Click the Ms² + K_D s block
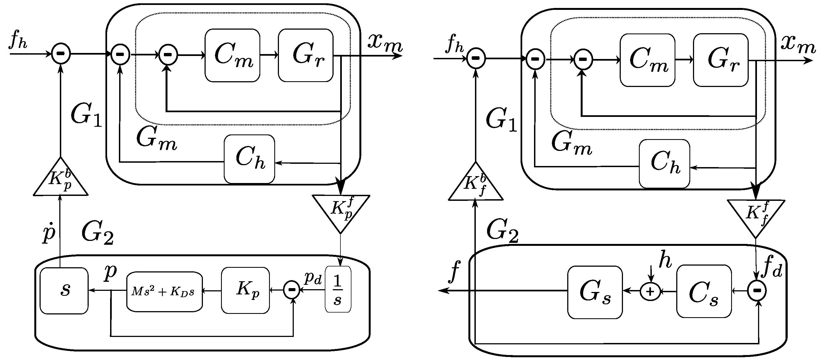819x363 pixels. [x=164, y=291]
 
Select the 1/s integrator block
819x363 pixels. [x=338, y=289]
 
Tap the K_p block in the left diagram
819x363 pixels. [x=245, y=290]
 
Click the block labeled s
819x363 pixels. [x=64, y=291]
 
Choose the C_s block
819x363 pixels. [x=704, y=291]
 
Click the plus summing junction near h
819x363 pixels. [x=650, y=291]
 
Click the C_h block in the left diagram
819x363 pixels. [x=249, y=159]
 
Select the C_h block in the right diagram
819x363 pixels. [x=664, y=164]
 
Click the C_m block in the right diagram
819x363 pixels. [x=647, y=60]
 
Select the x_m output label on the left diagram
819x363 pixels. [x=385, y=43]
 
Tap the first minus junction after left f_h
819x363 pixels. [x=61, y=54]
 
